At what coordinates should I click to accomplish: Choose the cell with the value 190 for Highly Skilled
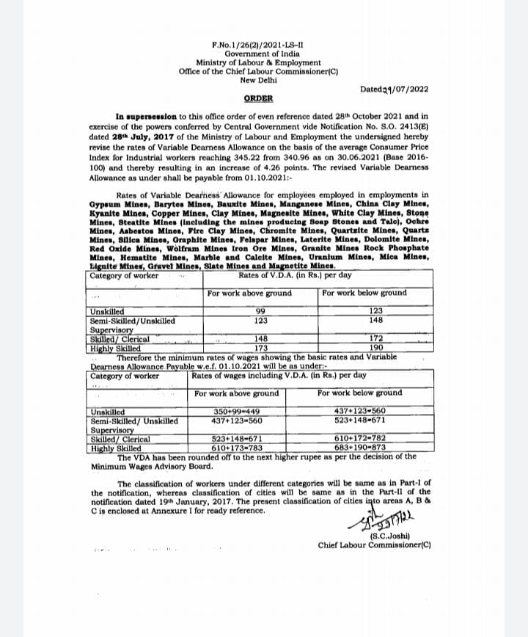pyautogui.click(x=376, y=347)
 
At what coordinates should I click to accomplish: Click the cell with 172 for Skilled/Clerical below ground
pyautogui.click(x=376, y=338)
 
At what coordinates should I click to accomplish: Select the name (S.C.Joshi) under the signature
pyautogui.click(x=373, y=536)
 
